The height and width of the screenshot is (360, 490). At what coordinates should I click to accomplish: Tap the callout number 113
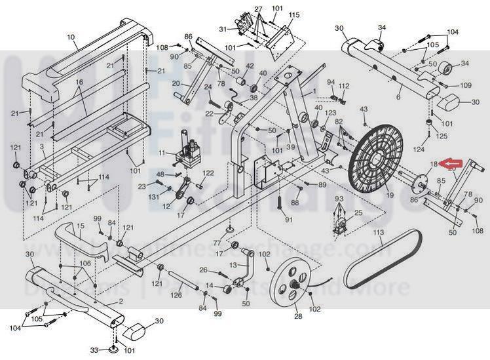(x=378, y=233)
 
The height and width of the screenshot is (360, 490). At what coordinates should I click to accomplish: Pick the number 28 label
(x=299, y=316)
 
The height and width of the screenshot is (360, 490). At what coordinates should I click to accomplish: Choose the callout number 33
(x=94, y=350)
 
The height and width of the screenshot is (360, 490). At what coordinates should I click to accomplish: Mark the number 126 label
(x=176, y=295)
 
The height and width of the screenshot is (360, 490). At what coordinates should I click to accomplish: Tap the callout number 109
(x=465, y=86)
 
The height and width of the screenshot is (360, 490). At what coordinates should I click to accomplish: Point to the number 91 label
(x=289, y=218)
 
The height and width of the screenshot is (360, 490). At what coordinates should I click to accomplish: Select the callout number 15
(x=80, y=226)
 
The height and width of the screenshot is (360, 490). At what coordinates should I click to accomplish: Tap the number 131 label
(x=153, y=197)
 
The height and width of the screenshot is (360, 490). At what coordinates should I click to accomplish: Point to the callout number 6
(x=398, y=97)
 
